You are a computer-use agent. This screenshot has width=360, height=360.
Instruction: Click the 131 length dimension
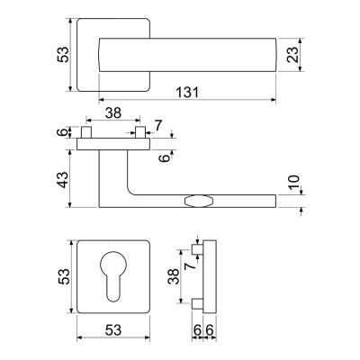[187, 93]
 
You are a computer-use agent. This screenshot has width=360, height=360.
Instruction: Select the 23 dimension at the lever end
[293, 55]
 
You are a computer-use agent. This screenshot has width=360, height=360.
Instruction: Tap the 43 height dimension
[63, 179]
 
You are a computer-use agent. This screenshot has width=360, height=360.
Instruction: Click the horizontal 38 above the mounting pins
[113, 113]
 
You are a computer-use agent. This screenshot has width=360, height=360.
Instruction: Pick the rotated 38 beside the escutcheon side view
[174, 276]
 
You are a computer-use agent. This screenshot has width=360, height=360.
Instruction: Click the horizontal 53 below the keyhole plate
[113, 330]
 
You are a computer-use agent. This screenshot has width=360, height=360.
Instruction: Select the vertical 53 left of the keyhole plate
[64, 276]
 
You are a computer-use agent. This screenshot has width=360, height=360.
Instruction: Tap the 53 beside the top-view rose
[63, 54]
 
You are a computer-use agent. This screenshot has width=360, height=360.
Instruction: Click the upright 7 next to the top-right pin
[158, 125]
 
